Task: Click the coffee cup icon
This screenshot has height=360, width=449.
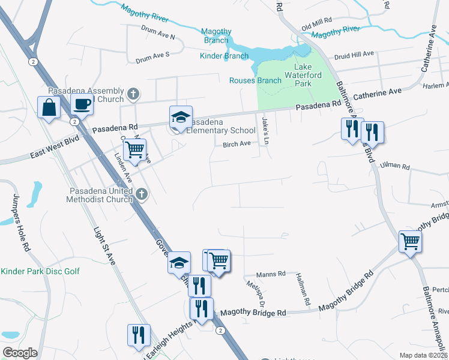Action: (82, 105)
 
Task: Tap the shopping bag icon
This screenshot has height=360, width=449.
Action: (49, 108)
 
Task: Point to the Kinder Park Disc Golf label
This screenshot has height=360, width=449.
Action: (40, 272)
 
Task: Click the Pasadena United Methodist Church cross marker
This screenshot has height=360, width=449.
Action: (141, 194)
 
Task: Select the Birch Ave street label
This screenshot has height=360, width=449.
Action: (237, 144)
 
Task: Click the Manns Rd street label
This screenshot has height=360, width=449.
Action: (273, 274)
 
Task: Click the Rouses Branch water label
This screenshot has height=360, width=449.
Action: (255, 80)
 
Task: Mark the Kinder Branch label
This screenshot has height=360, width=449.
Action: (224, 56)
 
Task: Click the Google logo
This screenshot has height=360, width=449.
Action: (20, 353)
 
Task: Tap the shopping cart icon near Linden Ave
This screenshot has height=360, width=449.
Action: (135, 149)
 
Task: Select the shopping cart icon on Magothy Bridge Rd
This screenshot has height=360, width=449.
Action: (411, 241)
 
